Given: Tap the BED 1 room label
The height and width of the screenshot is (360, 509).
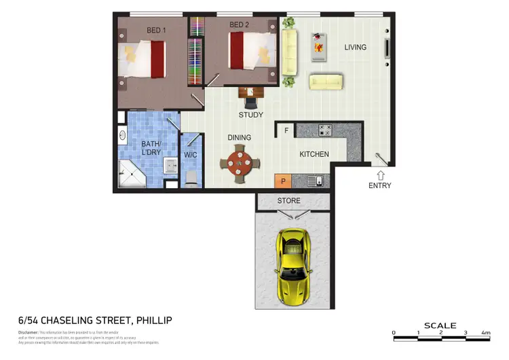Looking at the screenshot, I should [157, 29].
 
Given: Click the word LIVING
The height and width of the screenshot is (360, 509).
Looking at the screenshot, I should [355, 48].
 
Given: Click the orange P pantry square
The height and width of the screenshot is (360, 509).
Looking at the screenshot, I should [282, 181].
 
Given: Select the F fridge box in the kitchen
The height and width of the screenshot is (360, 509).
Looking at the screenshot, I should [286, 130].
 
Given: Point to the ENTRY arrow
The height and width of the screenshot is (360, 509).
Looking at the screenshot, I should [380, 175].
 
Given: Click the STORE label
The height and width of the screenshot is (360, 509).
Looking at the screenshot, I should [288, 201].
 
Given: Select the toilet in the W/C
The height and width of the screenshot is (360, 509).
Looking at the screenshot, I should [192, 178].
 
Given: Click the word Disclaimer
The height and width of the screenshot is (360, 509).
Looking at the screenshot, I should [29, 332].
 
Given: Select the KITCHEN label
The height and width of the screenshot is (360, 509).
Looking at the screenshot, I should [314, 154].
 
